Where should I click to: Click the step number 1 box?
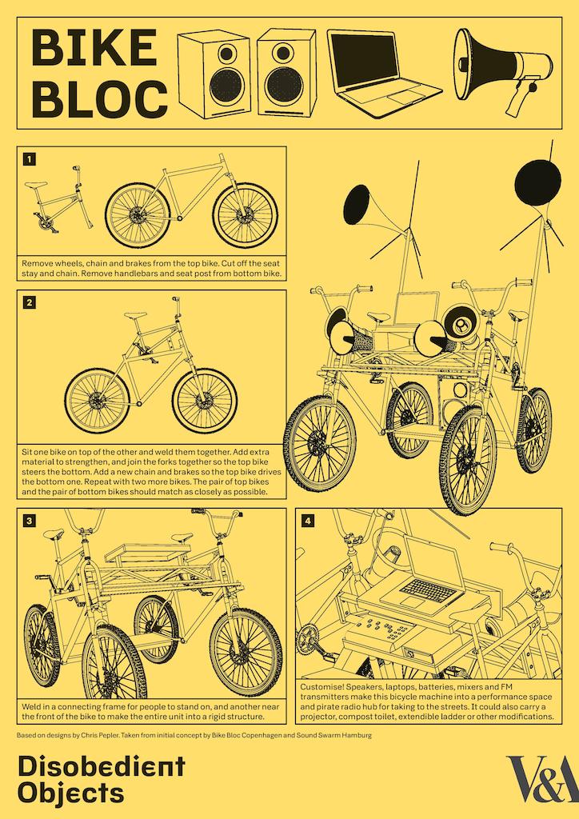(x=30, y=159)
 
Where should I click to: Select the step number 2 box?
(x=30, y=302)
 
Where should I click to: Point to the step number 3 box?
(x=30, y=521)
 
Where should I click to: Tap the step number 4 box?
(x=309, y=521)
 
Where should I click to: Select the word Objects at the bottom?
(x=71, y=793)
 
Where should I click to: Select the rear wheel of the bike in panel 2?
(x=96, y=400)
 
